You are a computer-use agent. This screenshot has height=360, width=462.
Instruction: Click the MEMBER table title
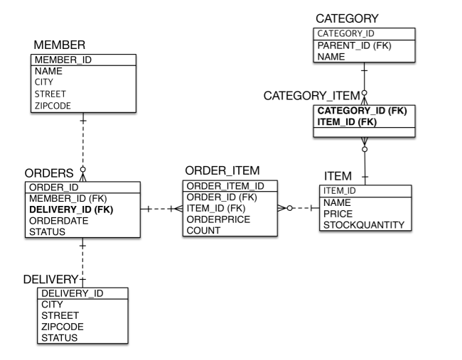tap(60, 45)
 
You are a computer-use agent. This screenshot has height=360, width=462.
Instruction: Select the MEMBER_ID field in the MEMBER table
tap(61, 60)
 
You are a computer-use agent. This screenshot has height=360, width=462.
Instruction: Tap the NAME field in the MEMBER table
tap(48, 72)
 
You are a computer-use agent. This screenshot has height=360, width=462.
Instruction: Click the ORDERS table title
tap(49, 173)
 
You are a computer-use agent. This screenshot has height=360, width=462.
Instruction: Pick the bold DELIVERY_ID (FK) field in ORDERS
tap(71, 209)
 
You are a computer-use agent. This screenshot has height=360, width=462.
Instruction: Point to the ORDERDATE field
tap(57, 221)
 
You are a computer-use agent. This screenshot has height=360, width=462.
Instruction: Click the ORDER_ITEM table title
tap(222, 171)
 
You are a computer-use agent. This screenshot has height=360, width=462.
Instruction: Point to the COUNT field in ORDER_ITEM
tap(203, 231)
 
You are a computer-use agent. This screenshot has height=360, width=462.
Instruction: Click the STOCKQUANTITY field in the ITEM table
tap(364, 225)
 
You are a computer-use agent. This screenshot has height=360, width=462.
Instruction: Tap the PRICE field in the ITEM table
tap(338, 214)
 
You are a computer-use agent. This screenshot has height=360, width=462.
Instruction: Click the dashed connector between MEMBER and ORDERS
tap(83, 142)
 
